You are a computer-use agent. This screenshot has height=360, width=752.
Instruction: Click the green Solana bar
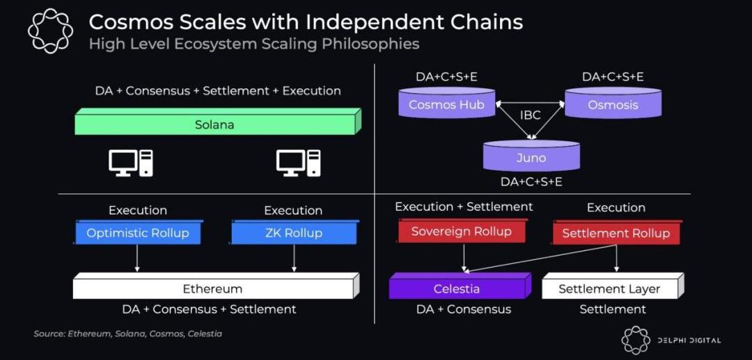click(218, 122)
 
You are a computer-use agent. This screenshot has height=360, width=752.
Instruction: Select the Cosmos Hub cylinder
click(446, 102)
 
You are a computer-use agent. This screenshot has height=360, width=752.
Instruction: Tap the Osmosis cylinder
click(613, 102)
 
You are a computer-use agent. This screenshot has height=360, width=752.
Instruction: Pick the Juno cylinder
click(531, 156)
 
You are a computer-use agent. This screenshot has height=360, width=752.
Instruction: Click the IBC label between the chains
click(530, 115)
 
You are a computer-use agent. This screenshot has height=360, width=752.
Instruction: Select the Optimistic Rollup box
click(138, 232)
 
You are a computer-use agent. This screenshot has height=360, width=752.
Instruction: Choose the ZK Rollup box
click(295, 232)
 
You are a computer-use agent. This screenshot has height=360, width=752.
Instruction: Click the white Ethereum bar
click(217, 286)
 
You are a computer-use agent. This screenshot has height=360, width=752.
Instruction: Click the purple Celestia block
click(460, 286)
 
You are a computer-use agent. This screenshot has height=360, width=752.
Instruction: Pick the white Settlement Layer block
click(613, 286)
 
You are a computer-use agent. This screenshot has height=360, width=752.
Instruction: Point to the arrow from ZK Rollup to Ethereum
click(294, 258)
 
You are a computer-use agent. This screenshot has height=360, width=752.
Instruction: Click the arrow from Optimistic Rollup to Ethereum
click(137, 258)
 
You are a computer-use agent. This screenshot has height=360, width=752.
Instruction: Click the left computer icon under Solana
click(131, 163)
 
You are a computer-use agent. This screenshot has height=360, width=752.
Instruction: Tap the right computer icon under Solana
click(298, 163)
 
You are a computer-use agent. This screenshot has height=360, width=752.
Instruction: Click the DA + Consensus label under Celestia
click(464, 309)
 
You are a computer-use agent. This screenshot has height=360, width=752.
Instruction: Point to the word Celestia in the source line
click(205, 334)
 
